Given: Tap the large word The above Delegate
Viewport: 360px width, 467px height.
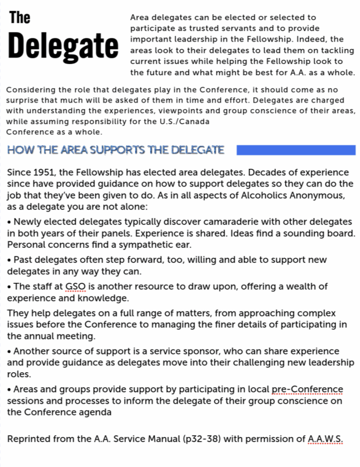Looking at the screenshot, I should click(x=20, y=18).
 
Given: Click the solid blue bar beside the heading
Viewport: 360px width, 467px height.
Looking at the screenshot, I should click(x=296, y=150).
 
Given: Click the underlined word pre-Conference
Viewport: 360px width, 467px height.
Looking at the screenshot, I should click(x=307, y=389).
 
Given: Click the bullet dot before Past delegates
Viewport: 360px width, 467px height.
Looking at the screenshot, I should click(x=10, y=260).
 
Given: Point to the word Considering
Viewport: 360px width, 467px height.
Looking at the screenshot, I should click(x=31, y=90).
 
